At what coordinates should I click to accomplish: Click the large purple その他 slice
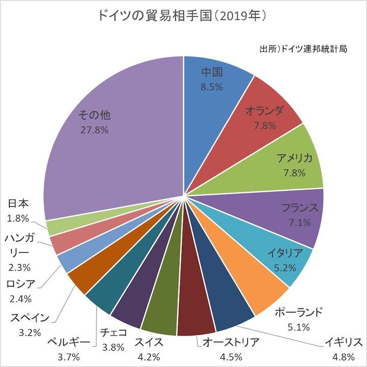pos(112,153)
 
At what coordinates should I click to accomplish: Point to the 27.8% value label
pos(94,130)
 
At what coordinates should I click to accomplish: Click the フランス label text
pos(300,208)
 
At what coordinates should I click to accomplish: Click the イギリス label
pos(344,342)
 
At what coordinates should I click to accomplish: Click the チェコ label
pos(110,333)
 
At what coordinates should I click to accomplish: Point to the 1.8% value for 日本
pos(19,218)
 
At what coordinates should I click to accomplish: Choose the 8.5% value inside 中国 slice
pos(212,87)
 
